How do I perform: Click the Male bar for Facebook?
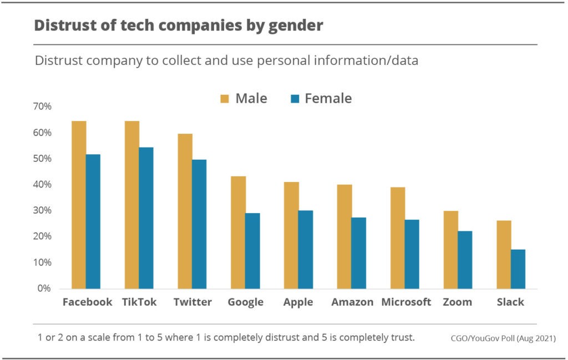79,205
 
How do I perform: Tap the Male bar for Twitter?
185,211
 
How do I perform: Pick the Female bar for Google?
252,251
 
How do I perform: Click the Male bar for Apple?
291,235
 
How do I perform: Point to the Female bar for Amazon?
359,253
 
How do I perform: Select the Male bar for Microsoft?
398,238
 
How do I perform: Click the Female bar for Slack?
518,269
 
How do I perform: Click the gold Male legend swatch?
225,99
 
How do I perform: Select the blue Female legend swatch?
295,99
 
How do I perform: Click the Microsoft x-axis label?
406,302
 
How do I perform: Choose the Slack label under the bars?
511,302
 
